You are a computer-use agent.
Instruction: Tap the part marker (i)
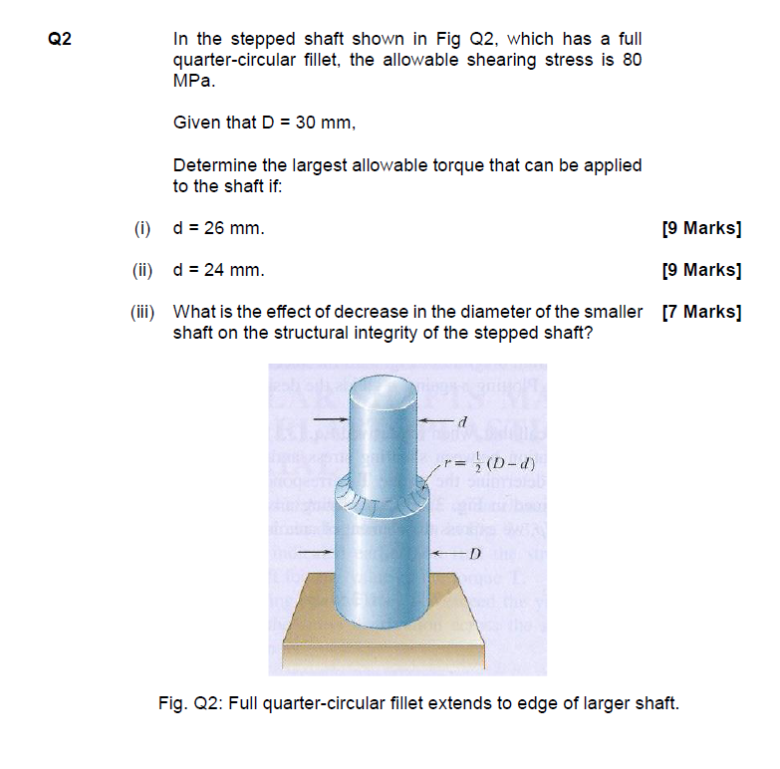point(142,228)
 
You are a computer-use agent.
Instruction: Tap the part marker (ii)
point(140,270)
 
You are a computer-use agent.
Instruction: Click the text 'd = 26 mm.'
point(218,228)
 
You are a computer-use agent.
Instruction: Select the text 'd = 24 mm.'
point(218,270)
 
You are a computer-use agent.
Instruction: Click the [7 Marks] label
point(701,312)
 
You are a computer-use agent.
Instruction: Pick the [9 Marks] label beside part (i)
point(701,228)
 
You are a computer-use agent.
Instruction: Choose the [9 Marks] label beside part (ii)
point(701,270)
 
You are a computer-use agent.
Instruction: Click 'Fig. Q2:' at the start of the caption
point(189,703)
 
